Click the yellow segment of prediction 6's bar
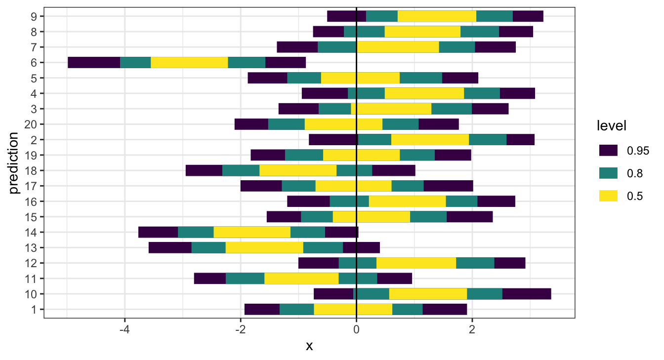(189, 62)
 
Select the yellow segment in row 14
(252, 232)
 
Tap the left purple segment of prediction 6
(94, 62)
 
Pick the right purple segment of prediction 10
(526, 294)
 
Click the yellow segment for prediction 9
(437, 16)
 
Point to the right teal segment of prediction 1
(407, 309)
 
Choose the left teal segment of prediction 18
(241, 170)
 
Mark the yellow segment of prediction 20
(343, 124)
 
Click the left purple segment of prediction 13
(170, 247)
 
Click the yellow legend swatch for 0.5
(608, 196)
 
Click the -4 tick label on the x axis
(124, 329)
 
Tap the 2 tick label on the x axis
(472, 329)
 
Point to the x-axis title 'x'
(309, 347)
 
